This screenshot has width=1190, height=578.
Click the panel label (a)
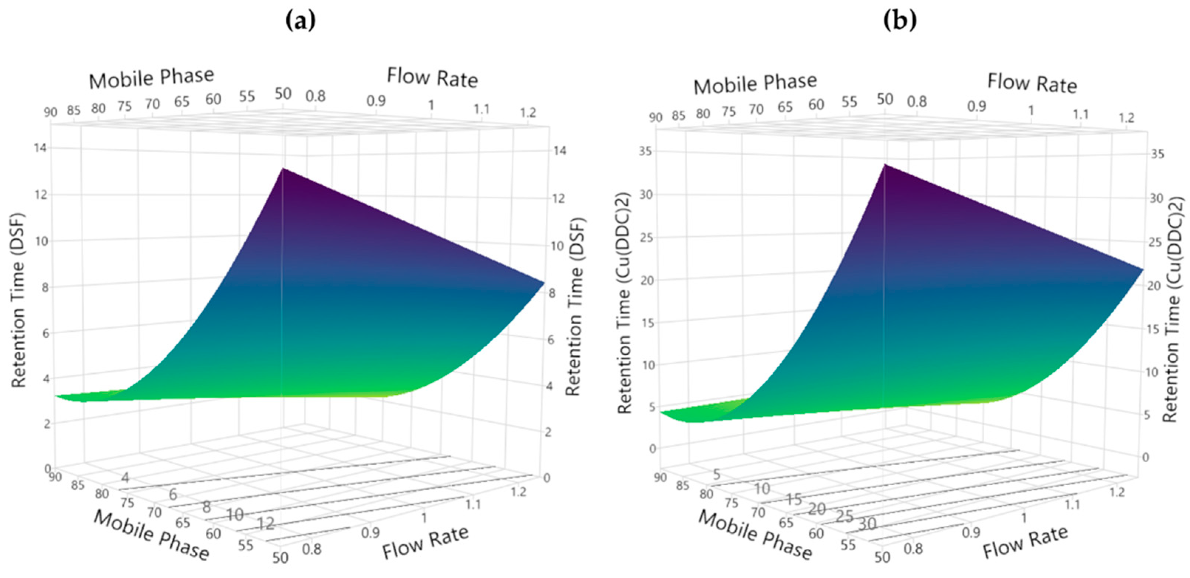click(x=300, y=21)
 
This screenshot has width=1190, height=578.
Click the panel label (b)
click(x=900, y=21)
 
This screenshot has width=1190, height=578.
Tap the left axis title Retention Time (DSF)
click(x=18, y=301)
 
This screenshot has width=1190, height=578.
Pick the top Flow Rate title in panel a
click(x=432, y=78)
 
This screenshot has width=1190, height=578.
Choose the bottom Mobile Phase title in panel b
click(x=755, y=535)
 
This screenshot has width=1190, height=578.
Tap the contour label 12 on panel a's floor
click(x=266, y=524)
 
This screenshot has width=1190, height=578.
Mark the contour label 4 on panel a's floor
click(x=125, y=478)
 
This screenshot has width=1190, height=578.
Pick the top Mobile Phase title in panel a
click(x=151, y=78)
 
